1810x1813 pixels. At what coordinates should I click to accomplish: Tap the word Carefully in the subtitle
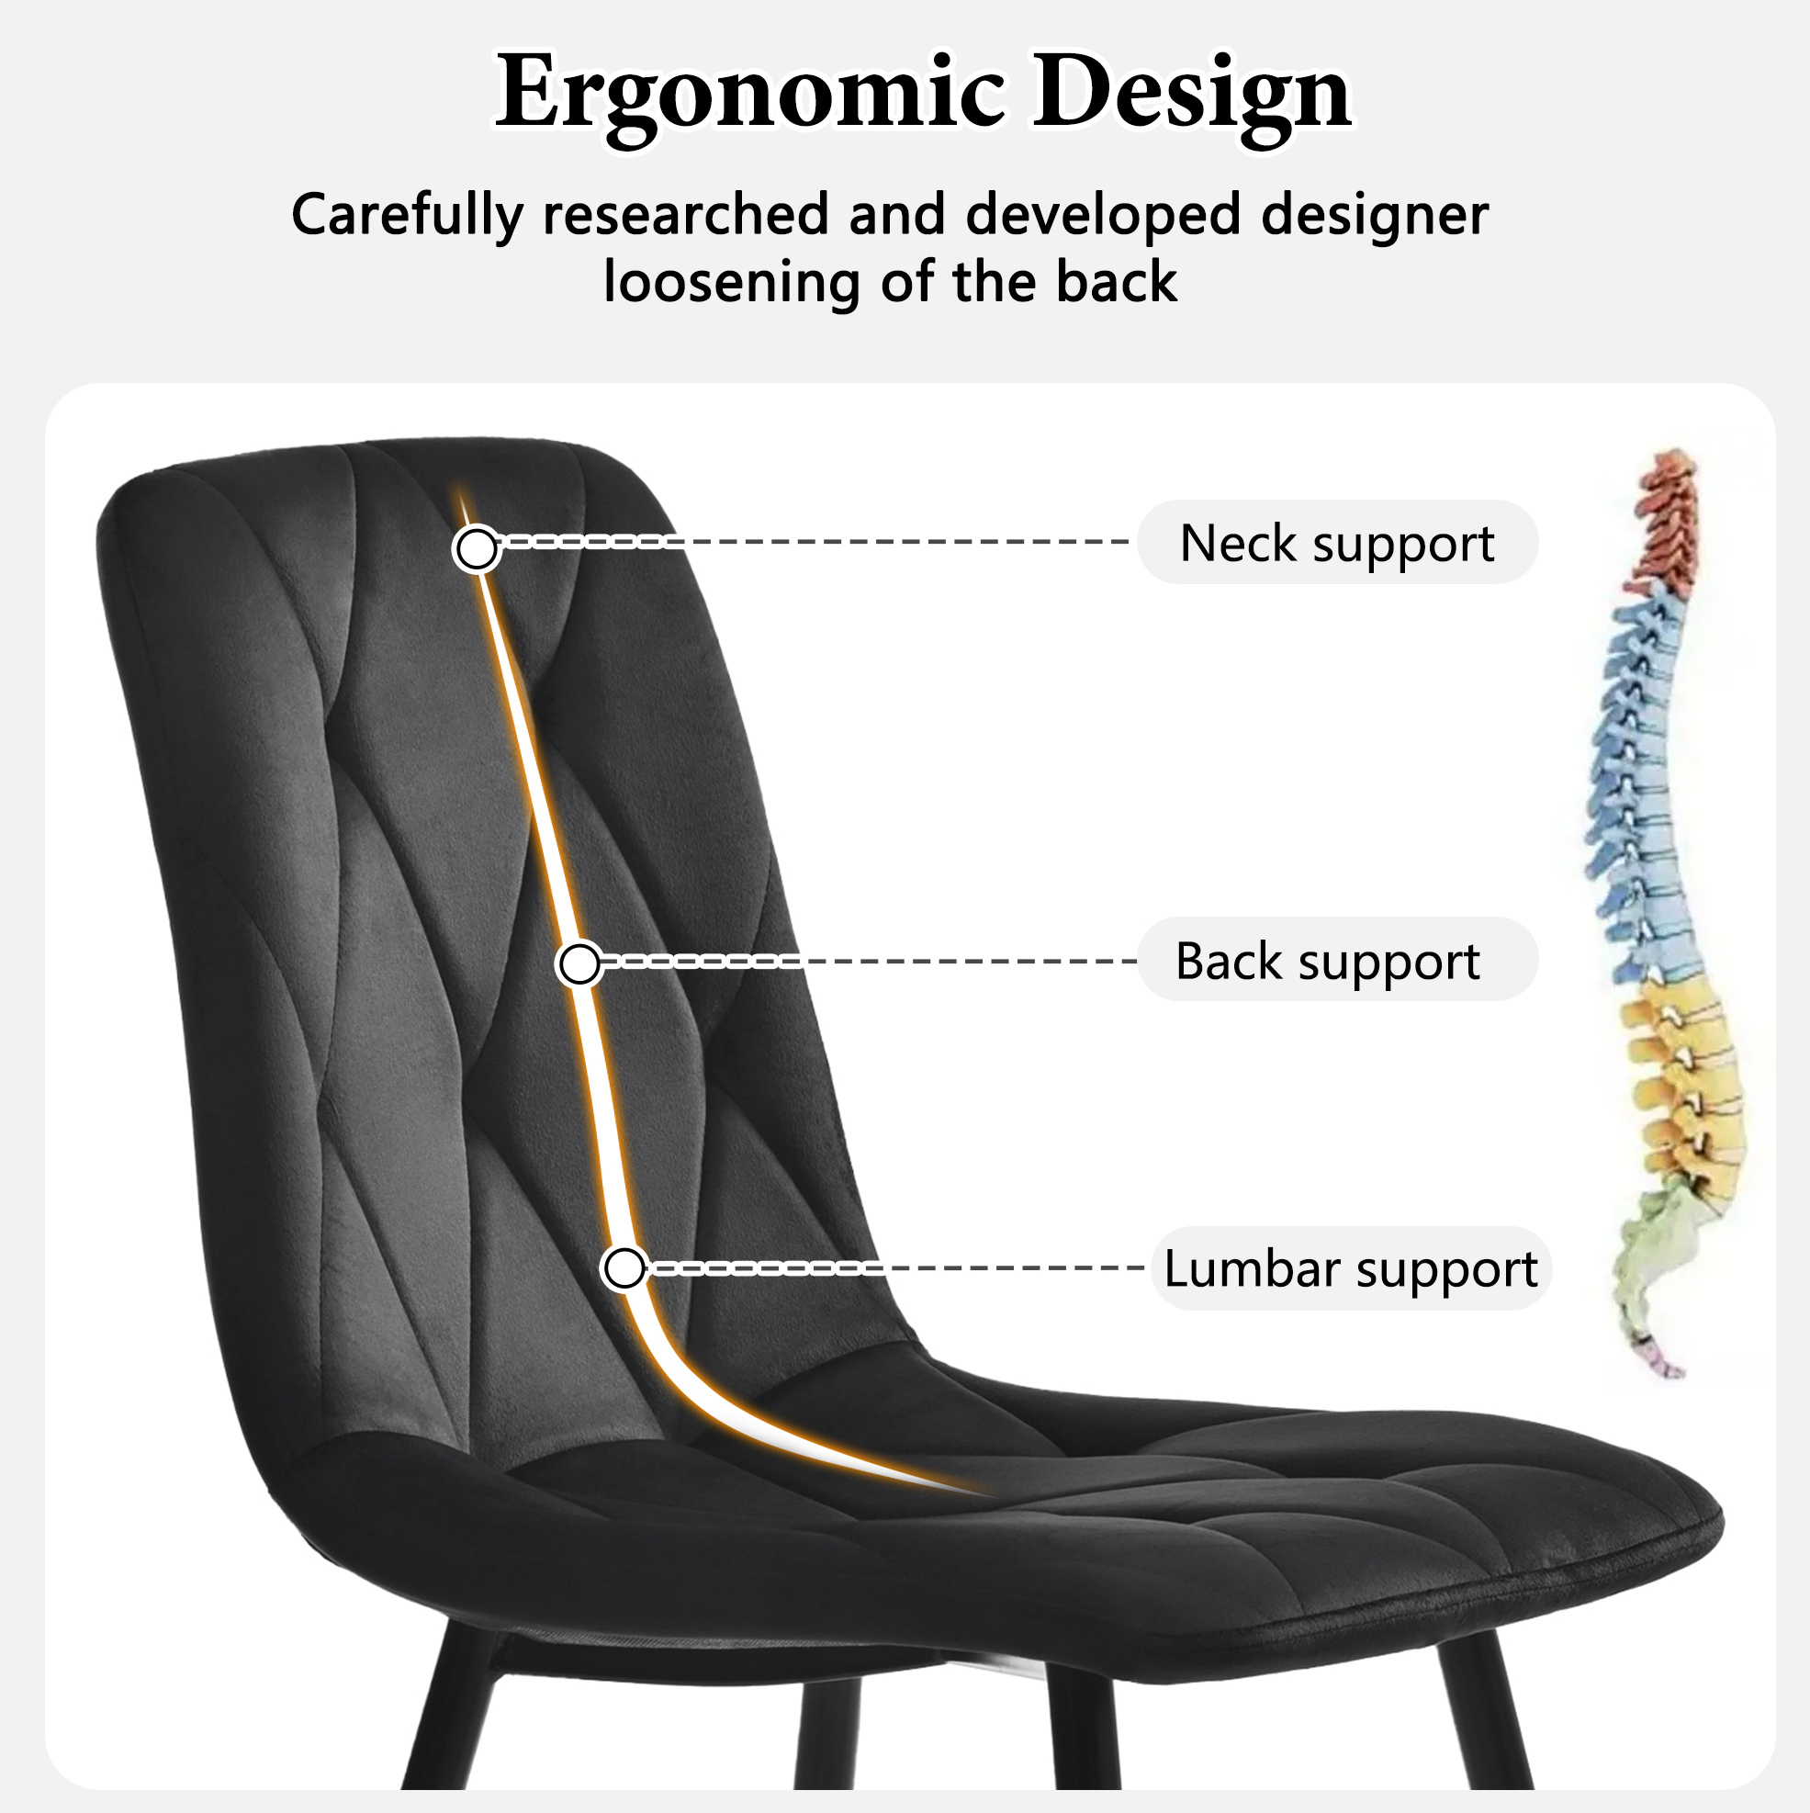407,216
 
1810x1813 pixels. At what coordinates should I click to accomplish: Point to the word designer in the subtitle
1375,216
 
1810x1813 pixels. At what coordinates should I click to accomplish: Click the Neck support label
1337,543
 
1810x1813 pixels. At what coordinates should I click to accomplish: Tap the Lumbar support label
1350,1268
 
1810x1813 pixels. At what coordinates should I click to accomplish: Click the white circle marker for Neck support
477,548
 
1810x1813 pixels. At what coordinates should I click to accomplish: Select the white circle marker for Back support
579,963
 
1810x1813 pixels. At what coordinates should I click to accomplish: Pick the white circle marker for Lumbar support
624,1268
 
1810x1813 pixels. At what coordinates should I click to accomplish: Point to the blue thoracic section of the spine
1637,788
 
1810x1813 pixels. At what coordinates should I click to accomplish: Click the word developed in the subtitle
1105,216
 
